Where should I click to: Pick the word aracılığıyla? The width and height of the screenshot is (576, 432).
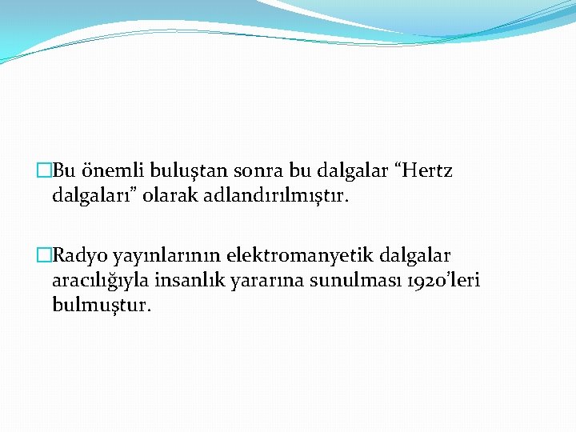tap(103, 280)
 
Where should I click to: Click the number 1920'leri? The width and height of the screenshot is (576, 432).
tap(437, 280)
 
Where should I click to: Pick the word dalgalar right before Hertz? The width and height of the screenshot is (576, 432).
tap(351, 170)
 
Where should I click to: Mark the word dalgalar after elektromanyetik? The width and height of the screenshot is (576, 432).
tap(416, 256)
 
